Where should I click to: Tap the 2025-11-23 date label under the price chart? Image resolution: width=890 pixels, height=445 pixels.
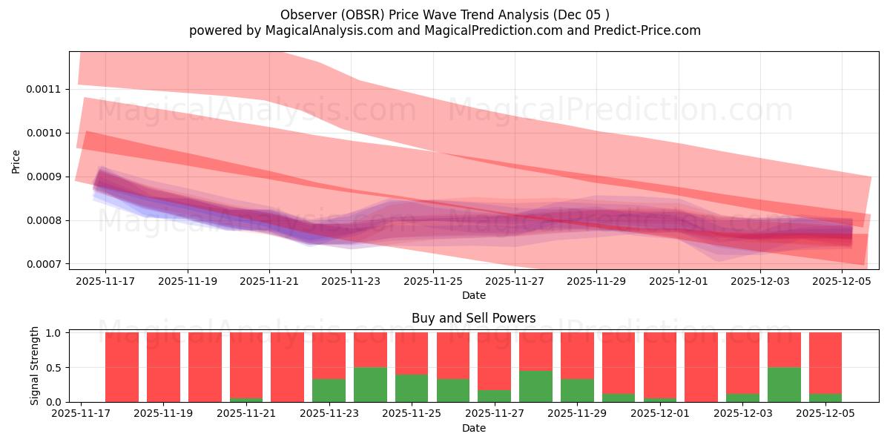tap(351, 281)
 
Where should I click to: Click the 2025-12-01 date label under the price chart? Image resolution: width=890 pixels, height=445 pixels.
tap(678, 281)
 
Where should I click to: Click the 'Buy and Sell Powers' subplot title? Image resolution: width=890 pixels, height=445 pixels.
tap(473, 318)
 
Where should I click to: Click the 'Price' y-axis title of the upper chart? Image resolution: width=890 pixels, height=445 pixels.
tap(16, 160)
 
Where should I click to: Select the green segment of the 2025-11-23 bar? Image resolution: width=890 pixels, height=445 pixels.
tap(329, 391)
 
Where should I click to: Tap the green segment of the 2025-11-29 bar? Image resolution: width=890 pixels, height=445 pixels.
tap(577, 391)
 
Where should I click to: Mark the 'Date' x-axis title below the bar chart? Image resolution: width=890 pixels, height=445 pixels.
tap(473, 428)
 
